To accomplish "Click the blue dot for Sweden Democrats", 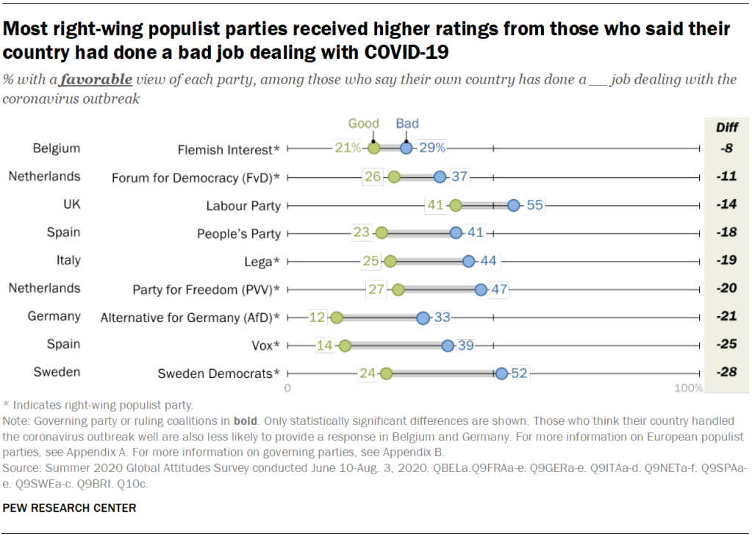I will click(x=501, y=374).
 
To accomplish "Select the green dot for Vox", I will click(x=345, y=346).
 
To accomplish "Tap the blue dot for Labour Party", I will click(x=514, y=205).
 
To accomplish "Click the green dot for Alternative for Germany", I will click(x=337, y=318).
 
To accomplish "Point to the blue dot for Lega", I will click(x=468, y=261).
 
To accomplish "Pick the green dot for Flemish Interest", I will click(x=373, y=149).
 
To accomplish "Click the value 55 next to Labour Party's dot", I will click(x=534, y=205).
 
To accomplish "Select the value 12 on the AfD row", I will click(x=318, y=318).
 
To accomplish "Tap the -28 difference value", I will click(x=727, y=373).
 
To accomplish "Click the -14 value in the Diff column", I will click(x=727, y=204).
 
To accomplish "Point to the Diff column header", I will click(x=727, y=127).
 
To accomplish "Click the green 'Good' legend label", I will click(x=363, y=124).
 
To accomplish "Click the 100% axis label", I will click(x=689, y=387).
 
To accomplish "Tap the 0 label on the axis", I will click(x=287, y=387).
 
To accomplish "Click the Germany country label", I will click(x=54, y=316).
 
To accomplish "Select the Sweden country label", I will click(x=57, y=372).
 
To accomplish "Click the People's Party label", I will click(x=239, y=234).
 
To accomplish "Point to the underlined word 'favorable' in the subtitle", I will click(x=96, y=79).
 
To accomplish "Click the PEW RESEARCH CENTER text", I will click(x=69, y=507).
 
